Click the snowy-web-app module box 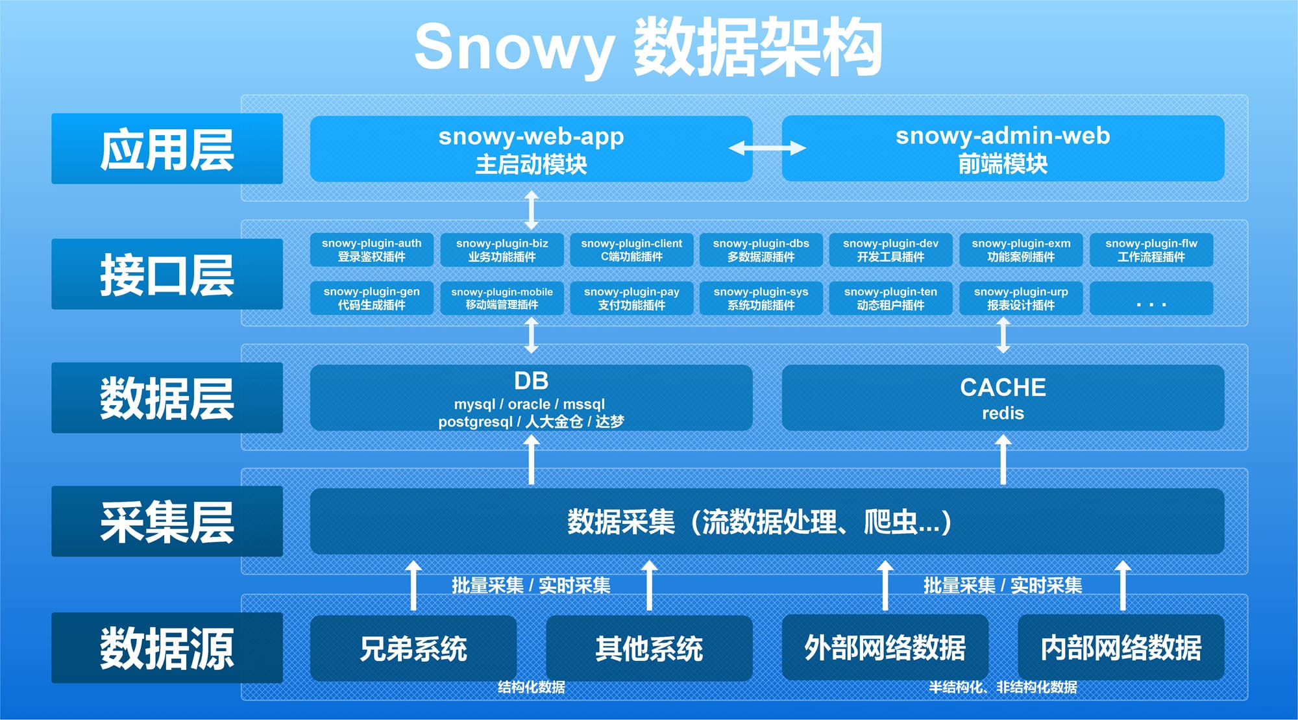(x=531, y=149)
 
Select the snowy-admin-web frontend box (x=1003, y=149)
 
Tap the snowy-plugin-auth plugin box (x=372, y=250)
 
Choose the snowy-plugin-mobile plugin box (x=502, y=298)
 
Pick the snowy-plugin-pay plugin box (x=631, y=298)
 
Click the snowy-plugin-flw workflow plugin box (x=1151, y=250)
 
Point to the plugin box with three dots (x=1151, y=298)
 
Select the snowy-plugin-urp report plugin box (x=1021, y=298)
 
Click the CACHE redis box (x=1003, y=397)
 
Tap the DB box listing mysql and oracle (x=531, y=397)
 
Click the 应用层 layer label (x=167, y=149)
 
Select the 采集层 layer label (x=167, y=521)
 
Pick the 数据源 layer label (x=167, y=647)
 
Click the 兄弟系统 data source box (x=413, y=648)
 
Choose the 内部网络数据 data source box (x=1121, y=648)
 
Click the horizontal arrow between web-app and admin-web (x=767, y=148)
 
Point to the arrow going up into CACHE (x=1003, y=460)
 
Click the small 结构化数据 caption (x=531, y=687)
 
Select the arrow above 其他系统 (x=649, y=586)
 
